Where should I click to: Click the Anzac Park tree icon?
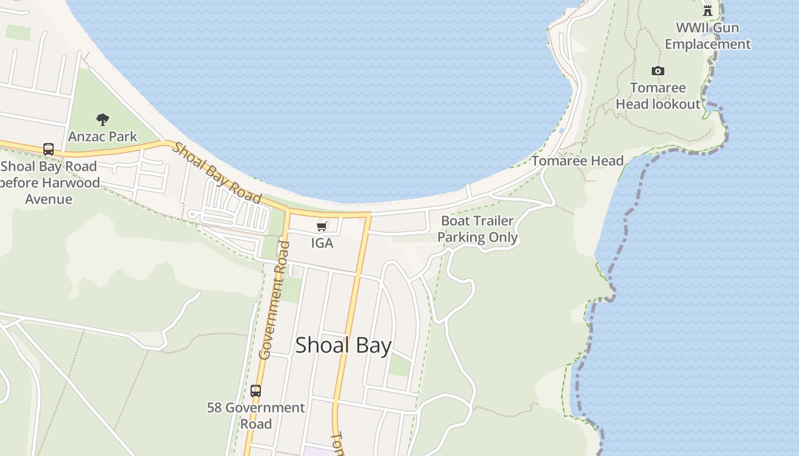(x=103, y=120)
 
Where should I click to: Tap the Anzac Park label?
(x=103, y=137)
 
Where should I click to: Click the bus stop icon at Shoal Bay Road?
(x=49, y=149)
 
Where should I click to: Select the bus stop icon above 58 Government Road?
(x=256, y=391)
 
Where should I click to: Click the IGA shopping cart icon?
(x=322, y=227)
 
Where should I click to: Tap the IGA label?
(x=322, y=243)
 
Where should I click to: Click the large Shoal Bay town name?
(x=343, y=345)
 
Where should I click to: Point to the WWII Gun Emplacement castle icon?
(x=708, y=10)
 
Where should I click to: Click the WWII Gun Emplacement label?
(x=708, y=36)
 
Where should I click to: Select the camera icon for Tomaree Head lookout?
(x=658, y=71)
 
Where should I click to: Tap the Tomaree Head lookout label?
(x=658, y=96)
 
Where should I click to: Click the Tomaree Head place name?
(x=578, y=161)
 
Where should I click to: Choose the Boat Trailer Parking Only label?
(x=478, y=229)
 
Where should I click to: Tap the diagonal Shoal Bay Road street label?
(x=217, y=173)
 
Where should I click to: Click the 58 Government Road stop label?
(x=256, y=416)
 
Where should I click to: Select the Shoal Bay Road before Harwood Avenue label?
(x=49, y=182)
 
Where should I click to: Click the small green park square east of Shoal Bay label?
(x=399, y=365)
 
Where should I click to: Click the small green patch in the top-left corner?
(x=18, y=32)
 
